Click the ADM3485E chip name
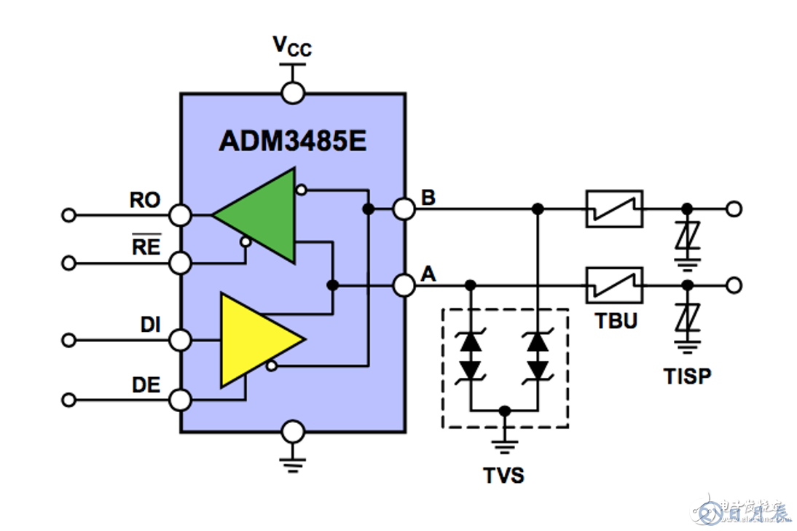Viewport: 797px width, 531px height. click(x=292, y=141)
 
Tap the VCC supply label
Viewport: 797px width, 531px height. click(x=292, y=47)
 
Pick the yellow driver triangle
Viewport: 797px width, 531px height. click(x=255, y=341)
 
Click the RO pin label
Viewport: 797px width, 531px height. click(x=145, y=201)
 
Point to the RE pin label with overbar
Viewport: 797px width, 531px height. click(x=146, y=247)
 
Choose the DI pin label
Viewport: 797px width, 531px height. click(x=151, y=325)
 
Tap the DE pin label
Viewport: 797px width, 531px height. click(x=146, y=385)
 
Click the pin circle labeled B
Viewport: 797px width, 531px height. click(x=404, y=209)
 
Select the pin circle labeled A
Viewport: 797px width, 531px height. click(x=404, y=284)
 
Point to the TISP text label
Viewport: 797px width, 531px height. click(x=687, y=376)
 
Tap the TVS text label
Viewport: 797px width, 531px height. click(x=504, y=476)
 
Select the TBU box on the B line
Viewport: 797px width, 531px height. click(x=615, y=209)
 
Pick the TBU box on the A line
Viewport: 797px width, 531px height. click(x=615, y=284)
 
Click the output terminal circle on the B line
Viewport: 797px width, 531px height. click(x=734, y=209)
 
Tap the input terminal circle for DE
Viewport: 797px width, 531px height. click(x=69, y=400)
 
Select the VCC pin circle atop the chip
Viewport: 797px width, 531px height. click(x=293, y=93)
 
